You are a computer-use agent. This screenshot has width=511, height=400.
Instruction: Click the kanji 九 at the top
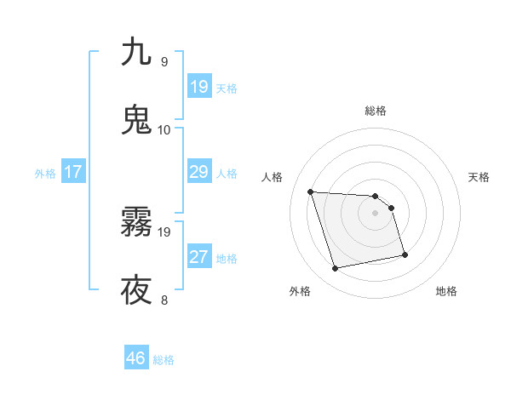click(136, 52)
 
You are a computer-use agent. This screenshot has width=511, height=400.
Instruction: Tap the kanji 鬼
click(136, 119)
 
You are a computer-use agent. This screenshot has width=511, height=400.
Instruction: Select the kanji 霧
click(136, 223)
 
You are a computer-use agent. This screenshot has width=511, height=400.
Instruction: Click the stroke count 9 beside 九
click(164, 62)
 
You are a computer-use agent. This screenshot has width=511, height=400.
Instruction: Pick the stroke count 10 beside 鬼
click(164, 130)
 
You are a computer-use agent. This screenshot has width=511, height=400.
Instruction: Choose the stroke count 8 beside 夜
click(164, 300)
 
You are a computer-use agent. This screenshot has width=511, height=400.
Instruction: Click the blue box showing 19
click(198, 87)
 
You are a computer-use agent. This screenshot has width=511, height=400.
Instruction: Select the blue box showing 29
click(198, 172)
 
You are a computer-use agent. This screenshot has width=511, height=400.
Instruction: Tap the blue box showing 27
click(198, 257)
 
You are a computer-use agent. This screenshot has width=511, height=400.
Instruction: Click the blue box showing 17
click(73, 172)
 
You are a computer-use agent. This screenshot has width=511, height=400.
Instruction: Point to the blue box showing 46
click(136, 358)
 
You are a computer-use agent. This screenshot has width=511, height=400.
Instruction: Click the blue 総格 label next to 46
click(164, 360)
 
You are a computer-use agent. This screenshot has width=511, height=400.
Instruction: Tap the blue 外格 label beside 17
click(45, 174)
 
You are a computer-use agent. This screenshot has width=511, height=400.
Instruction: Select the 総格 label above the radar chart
click(376, 111)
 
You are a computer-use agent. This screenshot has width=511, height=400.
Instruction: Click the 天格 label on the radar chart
click(479, 177)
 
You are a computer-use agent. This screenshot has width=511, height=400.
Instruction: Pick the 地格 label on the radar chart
click(446, 291)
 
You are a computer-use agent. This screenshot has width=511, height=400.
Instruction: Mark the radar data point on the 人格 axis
click(311, 191)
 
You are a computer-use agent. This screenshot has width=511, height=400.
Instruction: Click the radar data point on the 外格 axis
click(336, 269)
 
